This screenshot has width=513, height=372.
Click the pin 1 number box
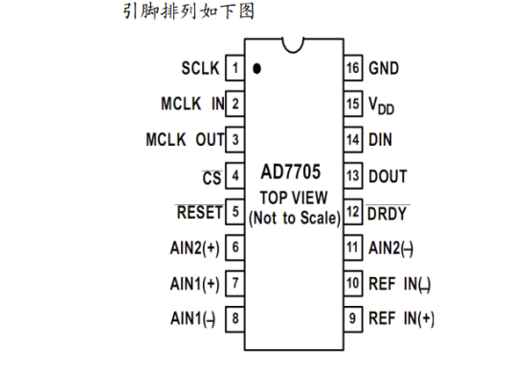pyautogui.click(x=234, y=68)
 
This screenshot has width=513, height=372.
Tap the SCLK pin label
pyautogui.click(x=200, y=68)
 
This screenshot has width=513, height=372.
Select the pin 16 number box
pyautogui.click(x=352, y=68)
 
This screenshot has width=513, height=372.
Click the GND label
pyautogui.click(x=384, y=68)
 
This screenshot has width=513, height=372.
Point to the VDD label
pyautogui.click(x=383, y=105)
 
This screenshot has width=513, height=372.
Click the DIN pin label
pyautogui.click(x=380, y=139)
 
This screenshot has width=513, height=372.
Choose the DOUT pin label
pyautogui.click(x=388, y=175)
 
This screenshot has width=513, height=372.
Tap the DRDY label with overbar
pyautogui.click(x=388, y=211)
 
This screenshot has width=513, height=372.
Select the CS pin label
pyautogui.click(x=212, y=175)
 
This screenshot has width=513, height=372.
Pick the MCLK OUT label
pyautogui.click(x=185, y=139)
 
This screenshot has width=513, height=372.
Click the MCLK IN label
pyautogui.click(x=192, y=104)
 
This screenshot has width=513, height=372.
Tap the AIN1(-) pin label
pyautogui.click(x=192, y=317)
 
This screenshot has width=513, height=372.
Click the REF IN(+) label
pyautogui.click(x=401, y=317)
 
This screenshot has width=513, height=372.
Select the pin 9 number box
pyautogui.click(x=352, y=317)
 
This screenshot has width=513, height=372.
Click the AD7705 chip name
pyautogui.click(x=291, y=175)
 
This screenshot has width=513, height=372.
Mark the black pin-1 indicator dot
pyautogui.click(x=257, y=69)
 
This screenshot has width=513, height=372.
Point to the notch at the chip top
pyautogui.click(x=294, y=42)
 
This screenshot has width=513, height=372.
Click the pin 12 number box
pyautogui.click(x=352, y=211)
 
